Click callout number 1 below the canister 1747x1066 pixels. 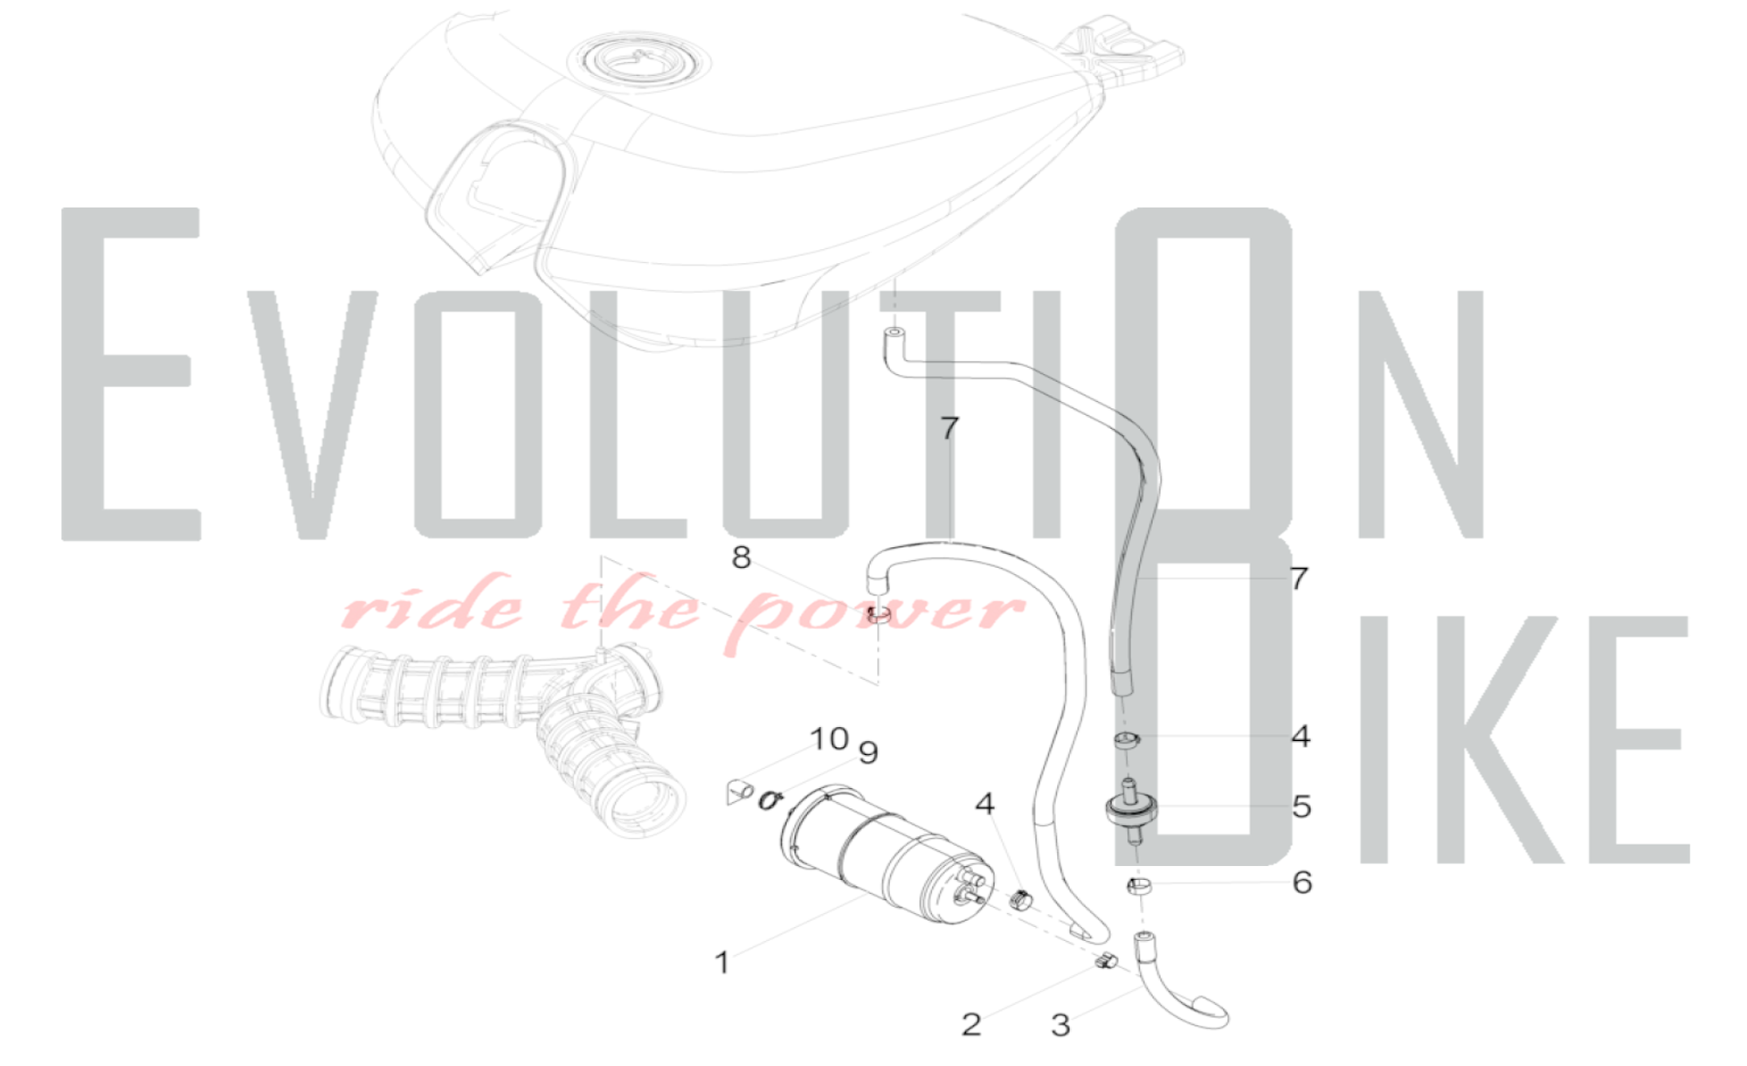click(722, 962)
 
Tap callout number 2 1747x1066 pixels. click(971, 1024)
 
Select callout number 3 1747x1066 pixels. click(1060, 1025)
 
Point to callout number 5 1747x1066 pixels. click(1302, 806)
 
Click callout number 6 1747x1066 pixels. click(1302, 883)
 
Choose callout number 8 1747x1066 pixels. click(741, 557)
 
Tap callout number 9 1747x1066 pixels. click(867, 752)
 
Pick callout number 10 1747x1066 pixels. click(829, 739)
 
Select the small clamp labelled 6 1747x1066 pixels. click(1138, 888)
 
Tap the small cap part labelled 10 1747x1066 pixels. click(739, 793)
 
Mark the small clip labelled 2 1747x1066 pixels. click(1106, 962)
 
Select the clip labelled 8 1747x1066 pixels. click(878, 616)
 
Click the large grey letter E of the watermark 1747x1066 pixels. click(131, 374)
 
